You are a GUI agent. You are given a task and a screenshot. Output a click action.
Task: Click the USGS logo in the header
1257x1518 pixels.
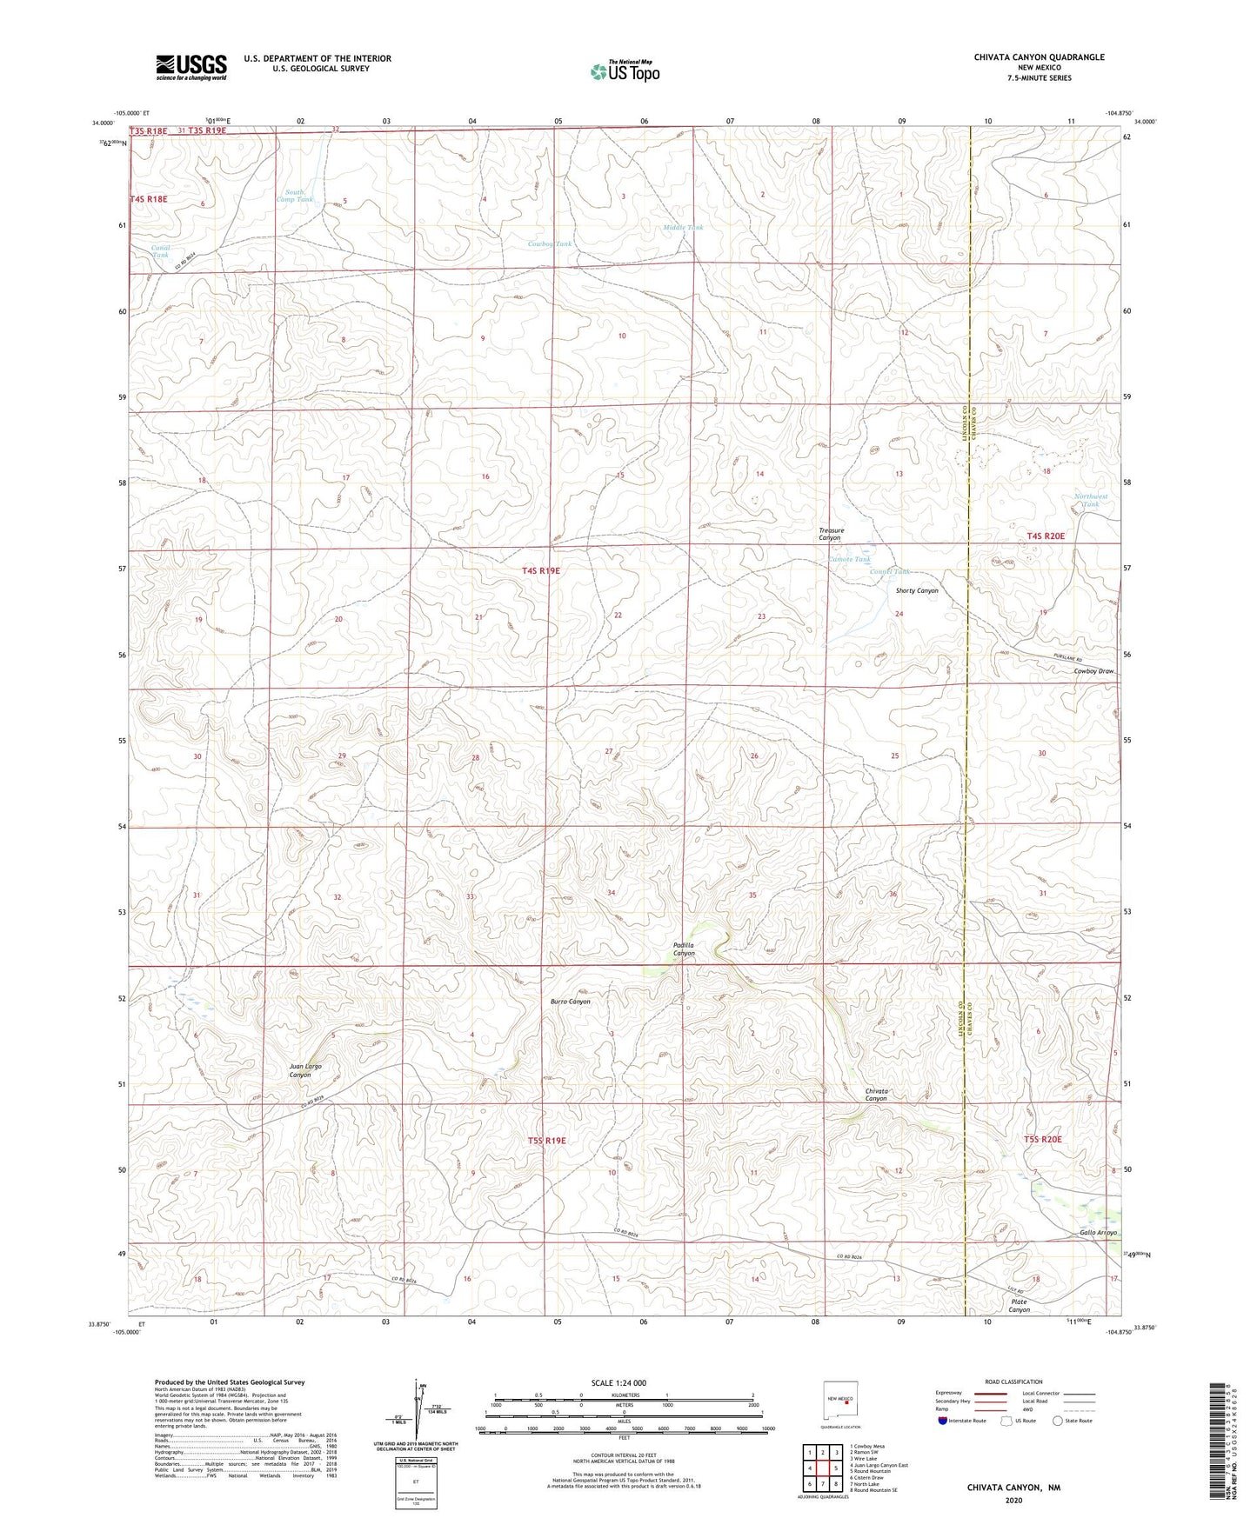point(191,67)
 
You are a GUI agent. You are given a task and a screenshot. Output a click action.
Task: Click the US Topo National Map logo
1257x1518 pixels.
point(625,71)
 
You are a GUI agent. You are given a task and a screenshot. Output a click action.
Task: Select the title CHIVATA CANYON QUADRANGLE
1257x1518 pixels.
point(1039,57)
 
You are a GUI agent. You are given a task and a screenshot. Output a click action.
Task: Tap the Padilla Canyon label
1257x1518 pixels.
point(684,949)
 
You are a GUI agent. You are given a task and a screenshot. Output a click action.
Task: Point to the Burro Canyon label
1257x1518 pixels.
point(570,1002)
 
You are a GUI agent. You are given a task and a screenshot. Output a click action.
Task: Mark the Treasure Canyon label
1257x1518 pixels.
point(831,534)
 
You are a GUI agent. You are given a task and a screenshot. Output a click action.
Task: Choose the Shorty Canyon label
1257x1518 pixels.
point(917,590)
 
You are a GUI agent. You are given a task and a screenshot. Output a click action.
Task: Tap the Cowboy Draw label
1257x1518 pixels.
point(1093,671)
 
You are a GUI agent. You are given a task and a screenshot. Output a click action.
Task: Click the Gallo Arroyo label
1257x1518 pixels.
point(1098,1233)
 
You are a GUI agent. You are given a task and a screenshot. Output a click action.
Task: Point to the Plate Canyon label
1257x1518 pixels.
point(1019,1306)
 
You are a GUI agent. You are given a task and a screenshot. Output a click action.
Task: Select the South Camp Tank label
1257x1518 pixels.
point(294,196)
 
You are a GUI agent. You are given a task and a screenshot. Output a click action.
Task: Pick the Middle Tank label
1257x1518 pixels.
point(683,228)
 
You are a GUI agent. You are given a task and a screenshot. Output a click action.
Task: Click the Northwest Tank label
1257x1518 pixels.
point(1091,500)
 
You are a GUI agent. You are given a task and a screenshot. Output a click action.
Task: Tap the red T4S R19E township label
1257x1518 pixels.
point(541,571)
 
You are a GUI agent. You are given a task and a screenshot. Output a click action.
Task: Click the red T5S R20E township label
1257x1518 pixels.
point(1043,1139)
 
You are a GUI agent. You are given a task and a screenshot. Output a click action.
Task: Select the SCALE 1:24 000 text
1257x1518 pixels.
point(618,1382)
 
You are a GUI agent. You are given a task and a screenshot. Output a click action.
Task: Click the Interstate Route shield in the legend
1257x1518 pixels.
point(944,1421)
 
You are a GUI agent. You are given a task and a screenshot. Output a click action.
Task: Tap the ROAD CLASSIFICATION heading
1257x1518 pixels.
point(1014,1382)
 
